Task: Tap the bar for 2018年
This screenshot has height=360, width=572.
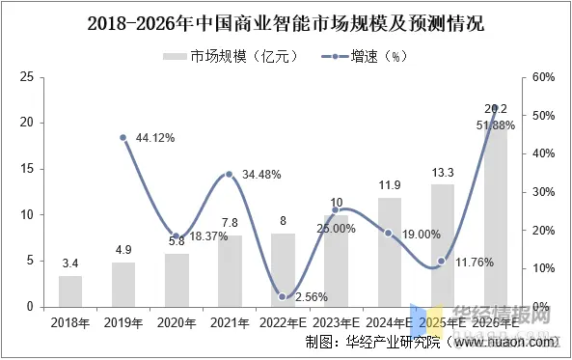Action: [70, 291]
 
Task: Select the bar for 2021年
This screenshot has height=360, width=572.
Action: [230, 270]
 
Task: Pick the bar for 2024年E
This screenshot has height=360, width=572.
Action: [389, 252]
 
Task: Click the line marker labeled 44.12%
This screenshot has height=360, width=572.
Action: [123, 137]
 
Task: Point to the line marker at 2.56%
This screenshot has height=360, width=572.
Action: [283, 296]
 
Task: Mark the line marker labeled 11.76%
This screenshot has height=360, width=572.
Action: [442, 261]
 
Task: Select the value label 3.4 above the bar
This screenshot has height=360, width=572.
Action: [70, 263]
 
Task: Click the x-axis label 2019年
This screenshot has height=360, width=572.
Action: [123, 322]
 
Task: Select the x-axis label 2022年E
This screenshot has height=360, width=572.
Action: [283, 322]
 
